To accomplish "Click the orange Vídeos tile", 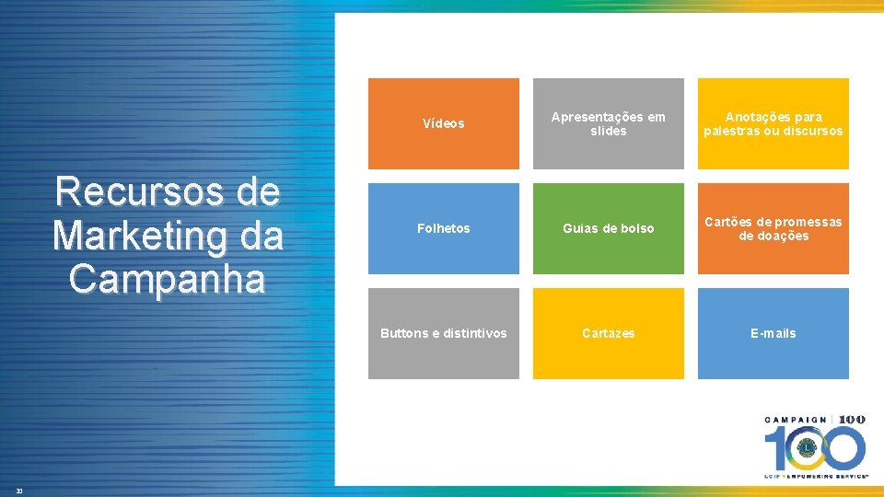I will (x=443, y=123).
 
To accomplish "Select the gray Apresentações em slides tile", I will (x=608, y=123).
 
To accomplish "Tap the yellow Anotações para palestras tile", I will (x=773, y=123).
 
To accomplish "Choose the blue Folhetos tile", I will (x=443, y=228).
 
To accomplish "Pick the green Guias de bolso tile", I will (x=608, y=228).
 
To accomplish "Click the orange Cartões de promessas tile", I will (x=773, y=228).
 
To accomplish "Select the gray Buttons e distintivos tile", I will (x=443, y=333).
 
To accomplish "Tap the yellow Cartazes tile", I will (x=608, y=333).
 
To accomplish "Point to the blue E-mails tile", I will (x=773, y=333).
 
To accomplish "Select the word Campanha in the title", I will (x=167, y=278).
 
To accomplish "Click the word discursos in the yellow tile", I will (x=812, y=131).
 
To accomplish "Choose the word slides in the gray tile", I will (x=608, y=131).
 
